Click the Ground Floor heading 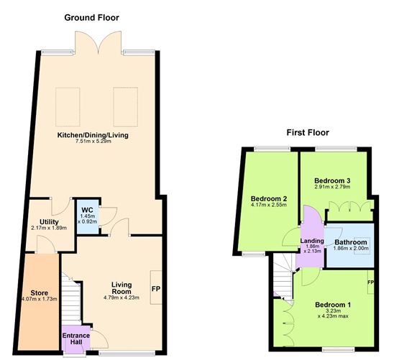[x=91, y=17]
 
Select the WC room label [x=87, y=210]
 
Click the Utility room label [x=48, y=223]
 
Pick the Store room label [x=39, y=293]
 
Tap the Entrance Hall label [x=76, y=338]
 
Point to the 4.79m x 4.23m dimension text [x=119, y=297]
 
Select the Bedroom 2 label [x=269, y=198]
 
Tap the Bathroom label [x=349, y=242]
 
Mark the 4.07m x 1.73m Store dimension [x=39, y=300]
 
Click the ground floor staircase [x=70, y=301]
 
